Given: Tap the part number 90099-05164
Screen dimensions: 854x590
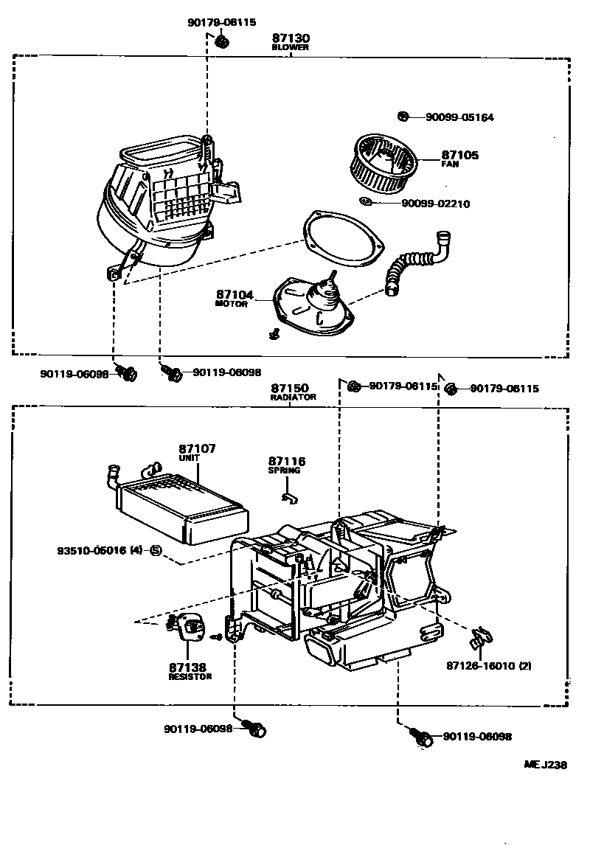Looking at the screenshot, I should tap(459, 117).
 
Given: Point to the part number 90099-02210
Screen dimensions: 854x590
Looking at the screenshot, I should tap(436, 204).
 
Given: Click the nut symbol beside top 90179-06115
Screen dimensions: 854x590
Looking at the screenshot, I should tap(221, 41).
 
